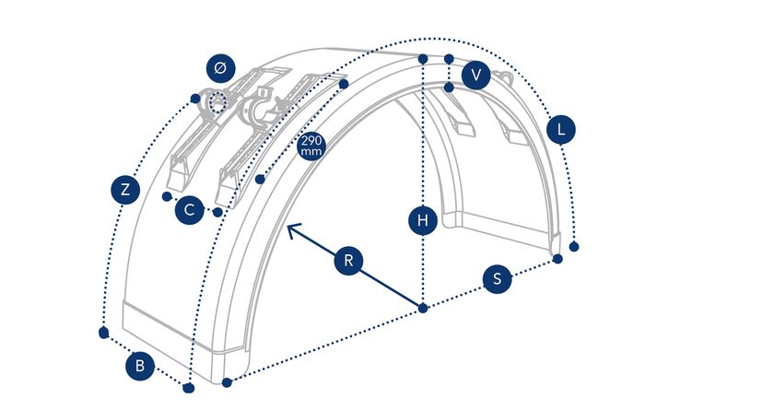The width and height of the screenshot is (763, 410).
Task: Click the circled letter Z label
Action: point(124,190)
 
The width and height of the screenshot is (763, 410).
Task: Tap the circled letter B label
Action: point(139,366)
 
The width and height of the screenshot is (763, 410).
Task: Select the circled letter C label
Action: point(189,210)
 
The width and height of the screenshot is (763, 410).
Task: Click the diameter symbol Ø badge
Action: point(219,68)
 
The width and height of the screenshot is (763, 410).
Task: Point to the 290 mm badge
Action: point(311,146)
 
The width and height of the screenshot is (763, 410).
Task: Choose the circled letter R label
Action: point(347,261)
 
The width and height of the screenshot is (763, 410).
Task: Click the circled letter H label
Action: point(422,220)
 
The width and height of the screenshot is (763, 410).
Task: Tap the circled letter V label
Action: point(475,76)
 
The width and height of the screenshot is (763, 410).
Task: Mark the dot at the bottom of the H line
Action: point(422,308)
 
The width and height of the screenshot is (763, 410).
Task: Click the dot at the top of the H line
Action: point(422,59)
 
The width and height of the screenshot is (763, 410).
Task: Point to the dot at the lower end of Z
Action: point(103,331)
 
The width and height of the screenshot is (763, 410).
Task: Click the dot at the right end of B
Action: point(188,387)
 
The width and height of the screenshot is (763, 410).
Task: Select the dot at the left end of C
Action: point(166,196)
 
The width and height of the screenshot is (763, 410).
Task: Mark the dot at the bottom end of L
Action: point(574,247)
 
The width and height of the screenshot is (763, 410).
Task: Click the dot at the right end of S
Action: point(558,259)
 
